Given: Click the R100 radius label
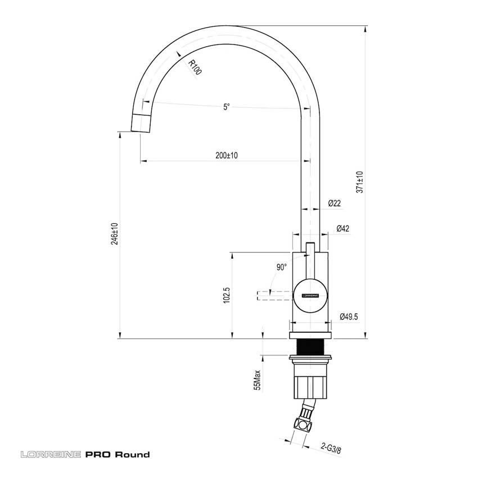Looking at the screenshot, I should [194, 69].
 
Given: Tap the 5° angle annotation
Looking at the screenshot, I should [226, 107].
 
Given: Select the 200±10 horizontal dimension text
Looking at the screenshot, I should [227, 156].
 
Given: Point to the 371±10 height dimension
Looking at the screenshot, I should [360, 182].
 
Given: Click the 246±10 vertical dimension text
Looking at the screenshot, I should [115, 234].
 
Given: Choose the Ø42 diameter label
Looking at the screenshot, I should [342, 228].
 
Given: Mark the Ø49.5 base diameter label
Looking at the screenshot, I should [349, 317].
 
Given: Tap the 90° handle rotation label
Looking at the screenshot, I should [282, 267].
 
